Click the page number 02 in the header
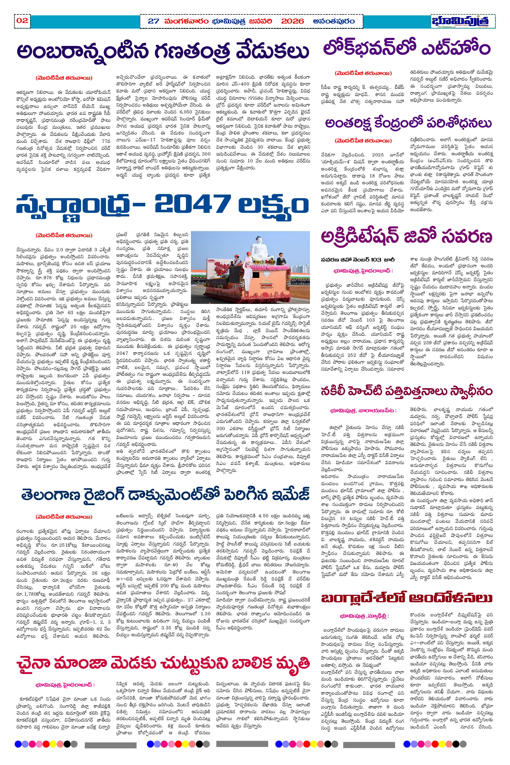click(22, 21)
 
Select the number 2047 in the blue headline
click(192, 204)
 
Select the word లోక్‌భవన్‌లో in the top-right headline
click(367, 48)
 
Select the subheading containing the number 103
click(358, 260)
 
